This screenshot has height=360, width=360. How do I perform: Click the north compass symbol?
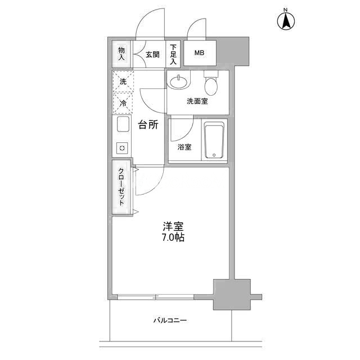(x=286, y=20)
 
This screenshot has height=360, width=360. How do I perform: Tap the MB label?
(x=199, y=53)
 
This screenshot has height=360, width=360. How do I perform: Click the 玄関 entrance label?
(x=152, y=55)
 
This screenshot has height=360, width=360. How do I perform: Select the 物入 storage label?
(x=121, y=53)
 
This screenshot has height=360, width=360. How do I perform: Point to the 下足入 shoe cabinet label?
(x=173, y=55)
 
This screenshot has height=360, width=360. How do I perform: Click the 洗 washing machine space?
(x=123, y=82)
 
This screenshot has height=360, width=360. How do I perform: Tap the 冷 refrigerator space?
(x=123, y=103)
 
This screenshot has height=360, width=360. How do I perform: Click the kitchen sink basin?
(x=123, y=124)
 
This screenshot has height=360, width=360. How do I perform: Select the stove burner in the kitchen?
(x=122, y=148)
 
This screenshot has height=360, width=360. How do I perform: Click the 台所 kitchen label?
(x=148, y=125)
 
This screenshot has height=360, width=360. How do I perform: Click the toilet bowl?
(x=211, y=86)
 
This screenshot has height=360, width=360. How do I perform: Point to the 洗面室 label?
(x=197, y=101)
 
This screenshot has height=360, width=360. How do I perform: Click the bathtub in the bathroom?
(x=214, y=140)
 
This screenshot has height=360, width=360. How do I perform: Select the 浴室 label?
(x=184, y=147)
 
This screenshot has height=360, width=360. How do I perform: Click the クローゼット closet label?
(x=121, y=187)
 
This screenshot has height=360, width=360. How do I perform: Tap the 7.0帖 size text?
(x=173, y=237)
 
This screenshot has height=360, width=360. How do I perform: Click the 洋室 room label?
(x=173, y=227)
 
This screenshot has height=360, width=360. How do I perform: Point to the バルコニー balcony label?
(x=170, y=320)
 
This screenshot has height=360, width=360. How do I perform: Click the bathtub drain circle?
(x=214, y=155)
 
